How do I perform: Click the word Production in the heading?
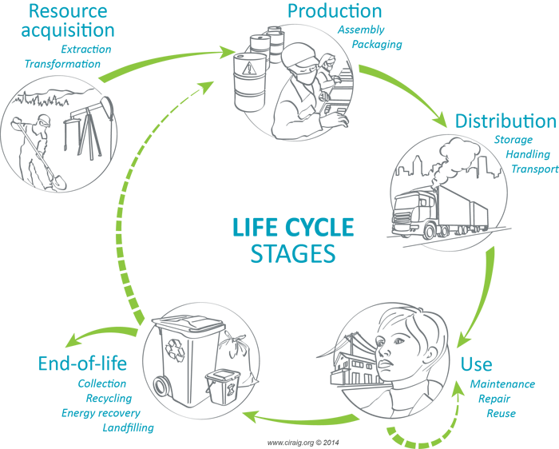334,11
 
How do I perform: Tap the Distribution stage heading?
505,121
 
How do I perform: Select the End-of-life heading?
81,364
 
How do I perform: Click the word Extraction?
86,50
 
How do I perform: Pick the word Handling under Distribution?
528,154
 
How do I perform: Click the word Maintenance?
502,384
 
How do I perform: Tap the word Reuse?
501,413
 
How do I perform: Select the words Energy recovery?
101,413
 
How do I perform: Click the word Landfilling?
128,427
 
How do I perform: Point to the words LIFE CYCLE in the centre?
292,227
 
